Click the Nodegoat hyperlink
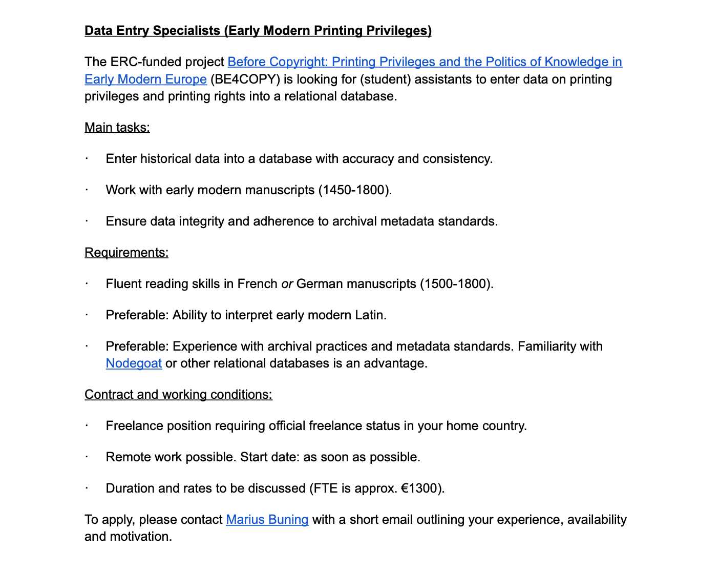point(134,363)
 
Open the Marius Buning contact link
point(267,519)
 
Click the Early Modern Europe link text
point(145,79)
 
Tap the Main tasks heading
point(117,128)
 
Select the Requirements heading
point(126,253)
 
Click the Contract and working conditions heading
point(178,395)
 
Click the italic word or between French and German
point(287,284)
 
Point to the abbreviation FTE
point(325,488)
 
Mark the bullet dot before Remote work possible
point(87,457)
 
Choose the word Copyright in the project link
point(298,62)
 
